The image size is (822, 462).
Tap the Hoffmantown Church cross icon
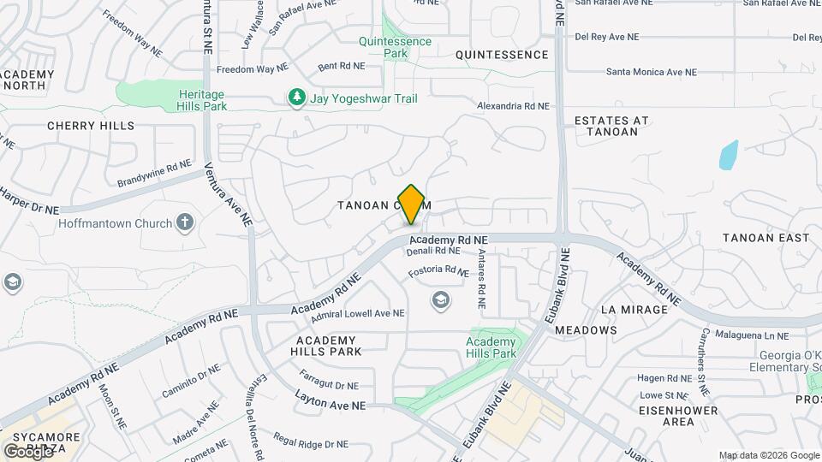(184, 224)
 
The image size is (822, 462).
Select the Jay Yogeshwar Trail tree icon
(297, 98)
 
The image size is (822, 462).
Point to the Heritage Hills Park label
(202, 100)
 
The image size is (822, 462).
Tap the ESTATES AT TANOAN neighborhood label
(611, 126)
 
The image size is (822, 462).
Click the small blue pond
(729, 154)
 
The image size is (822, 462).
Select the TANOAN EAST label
(765, 237)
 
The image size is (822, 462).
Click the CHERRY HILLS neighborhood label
(91, 126)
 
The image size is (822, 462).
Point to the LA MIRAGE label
(634, 309)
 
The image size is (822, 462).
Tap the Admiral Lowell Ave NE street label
(358, 314)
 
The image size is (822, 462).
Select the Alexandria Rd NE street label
(512, 106)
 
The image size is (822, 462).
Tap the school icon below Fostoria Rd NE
(440, 299)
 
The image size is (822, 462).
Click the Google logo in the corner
(28, 451)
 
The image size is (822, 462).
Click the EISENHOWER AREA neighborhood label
(667, 416)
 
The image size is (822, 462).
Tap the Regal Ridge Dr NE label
(313, 444)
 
